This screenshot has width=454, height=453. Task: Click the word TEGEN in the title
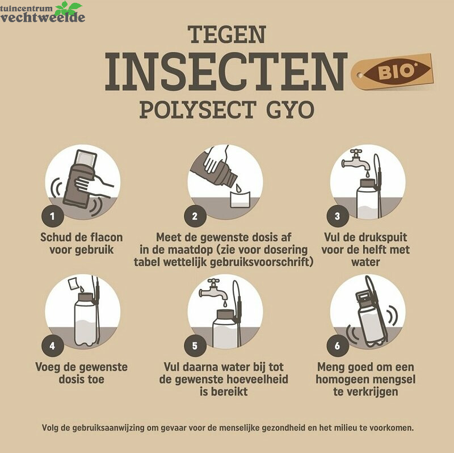pos(226,35)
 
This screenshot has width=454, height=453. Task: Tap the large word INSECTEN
pos(226,72)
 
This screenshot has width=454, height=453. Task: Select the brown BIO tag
pos(392,72)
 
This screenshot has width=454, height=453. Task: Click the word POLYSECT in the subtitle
pos(197,110)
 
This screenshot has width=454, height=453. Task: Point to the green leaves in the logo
pos(68,8)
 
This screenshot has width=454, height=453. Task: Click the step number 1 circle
pos(52,216)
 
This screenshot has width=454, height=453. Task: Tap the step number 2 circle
pos(195,216)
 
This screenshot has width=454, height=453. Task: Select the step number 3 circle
pos(338,216)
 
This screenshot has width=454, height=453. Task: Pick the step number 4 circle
pos(52,346)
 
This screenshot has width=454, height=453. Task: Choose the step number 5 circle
pos(195,346)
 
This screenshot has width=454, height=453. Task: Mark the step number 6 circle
pos(338,346)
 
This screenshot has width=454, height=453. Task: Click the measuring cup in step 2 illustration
pos(240,199)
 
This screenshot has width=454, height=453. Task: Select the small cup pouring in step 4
pos(73,283)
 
